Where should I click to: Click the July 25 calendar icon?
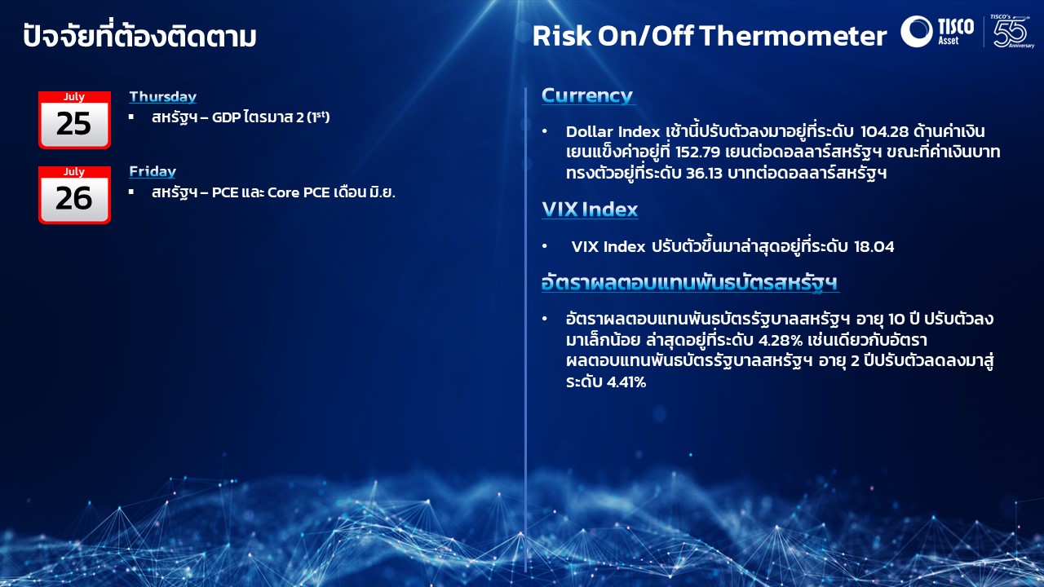coord(74,120)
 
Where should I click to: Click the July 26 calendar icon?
coord(74,195)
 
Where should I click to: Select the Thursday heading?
coord(162,96)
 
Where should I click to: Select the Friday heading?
coord(153,171)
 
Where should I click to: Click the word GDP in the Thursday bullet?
coord(226,117)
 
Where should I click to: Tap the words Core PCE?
coord(299,192)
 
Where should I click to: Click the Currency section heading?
coord(587,95)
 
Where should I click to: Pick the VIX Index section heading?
coord(590,210)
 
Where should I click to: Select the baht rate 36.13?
coord(704,174)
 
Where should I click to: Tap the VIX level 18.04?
coord(874,246)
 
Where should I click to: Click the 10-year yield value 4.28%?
coord(781,340)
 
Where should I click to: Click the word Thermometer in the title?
coord(793,36)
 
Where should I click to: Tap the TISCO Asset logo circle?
coord(916,31)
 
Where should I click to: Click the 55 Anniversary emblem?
coord(1012,31)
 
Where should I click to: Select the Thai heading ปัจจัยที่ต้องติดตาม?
coord(139,35)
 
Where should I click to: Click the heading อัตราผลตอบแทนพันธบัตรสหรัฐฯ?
coord(690,283)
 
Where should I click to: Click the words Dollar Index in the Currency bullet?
coord(613,131)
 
